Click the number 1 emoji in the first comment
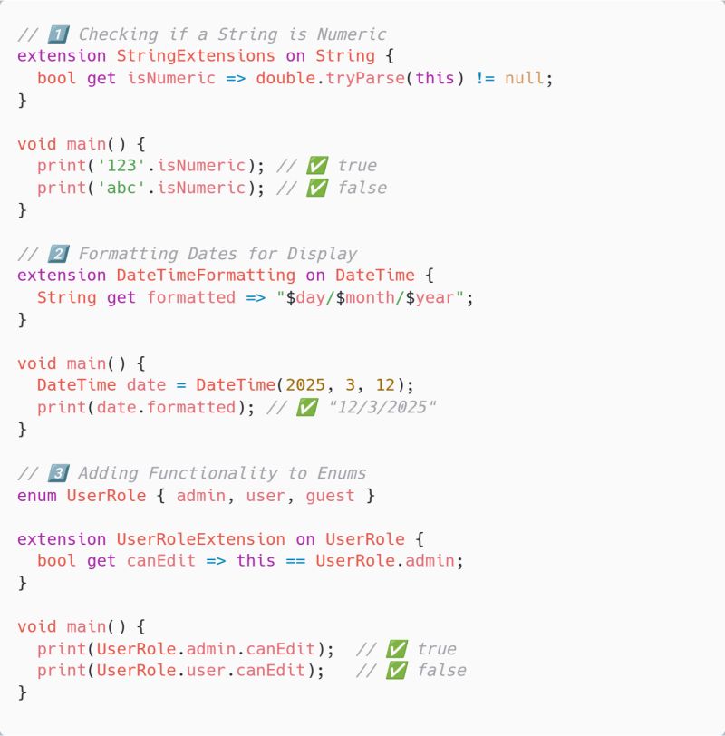click(58, 34)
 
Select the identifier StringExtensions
click(196, 56)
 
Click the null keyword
click(524, 78)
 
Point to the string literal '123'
click(121, 166)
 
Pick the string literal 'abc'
click(121, 188)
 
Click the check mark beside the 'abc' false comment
click(317, 188)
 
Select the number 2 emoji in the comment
click(58, 254)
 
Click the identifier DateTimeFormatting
click(206, 275)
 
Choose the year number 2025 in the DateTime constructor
click(305, 385)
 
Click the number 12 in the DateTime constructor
click(385, 385)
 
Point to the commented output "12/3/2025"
click(382, 407)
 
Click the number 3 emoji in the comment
click(58, 473)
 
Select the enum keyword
click(36, 496)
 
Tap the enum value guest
click(331, 496)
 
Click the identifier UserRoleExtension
click(201, 539)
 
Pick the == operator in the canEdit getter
click(295, 561)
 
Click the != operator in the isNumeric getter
click(485, 78)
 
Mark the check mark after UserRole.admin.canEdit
click(397, 649)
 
